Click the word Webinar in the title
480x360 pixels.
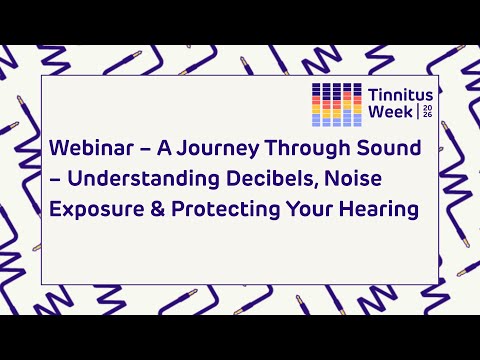(87, 150)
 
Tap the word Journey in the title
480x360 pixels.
(213, 150)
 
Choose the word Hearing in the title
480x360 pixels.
(375, 213)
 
